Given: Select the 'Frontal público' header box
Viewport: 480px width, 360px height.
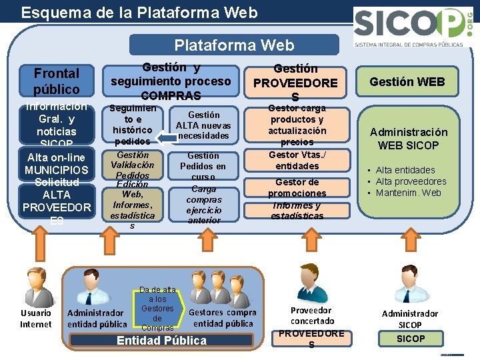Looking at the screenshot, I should pyautogui.click(x=57, y=81).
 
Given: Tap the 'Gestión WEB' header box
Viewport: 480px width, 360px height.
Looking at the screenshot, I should pyautogui.click(x=407, y=82).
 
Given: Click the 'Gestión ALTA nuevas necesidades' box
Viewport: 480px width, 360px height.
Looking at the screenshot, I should pyautogui.click(x=203, y=125).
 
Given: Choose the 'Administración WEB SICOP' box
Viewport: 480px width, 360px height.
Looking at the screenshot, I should pyautogui.click(x=409, y=139).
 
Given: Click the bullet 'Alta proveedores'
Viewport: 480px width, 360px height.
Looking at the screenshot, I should pyautogui.click(x=411, y=181).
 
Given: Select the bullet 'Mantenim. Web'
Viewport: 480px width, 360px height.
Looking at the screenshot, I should pyautogui.click(x=408, y=193).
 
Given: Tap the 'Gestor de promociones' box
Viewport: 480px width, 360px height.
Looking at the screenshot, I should pyautogui.click(x=297, y=187).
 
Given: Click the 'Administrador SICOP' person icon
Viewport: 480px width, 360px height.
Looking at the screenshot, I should pyautogui.click(x=409, y=285).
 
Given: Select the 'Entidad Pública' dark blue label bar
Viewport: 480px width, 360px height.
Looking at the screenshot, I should pyautogui.click(x=162, y=341).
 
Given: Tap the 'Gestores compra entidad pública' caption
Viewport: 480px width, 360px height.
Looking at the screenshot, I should pyautogui.click(x=223, y=318).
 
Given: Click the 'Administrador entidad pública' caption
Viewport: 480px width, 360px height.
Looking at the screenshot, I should pyautogui.click(x=97, y=319).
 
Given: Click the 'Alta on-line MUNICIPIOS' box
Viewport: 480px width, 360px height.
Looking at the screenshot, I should pyautogui.click(x=57, y=164).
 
